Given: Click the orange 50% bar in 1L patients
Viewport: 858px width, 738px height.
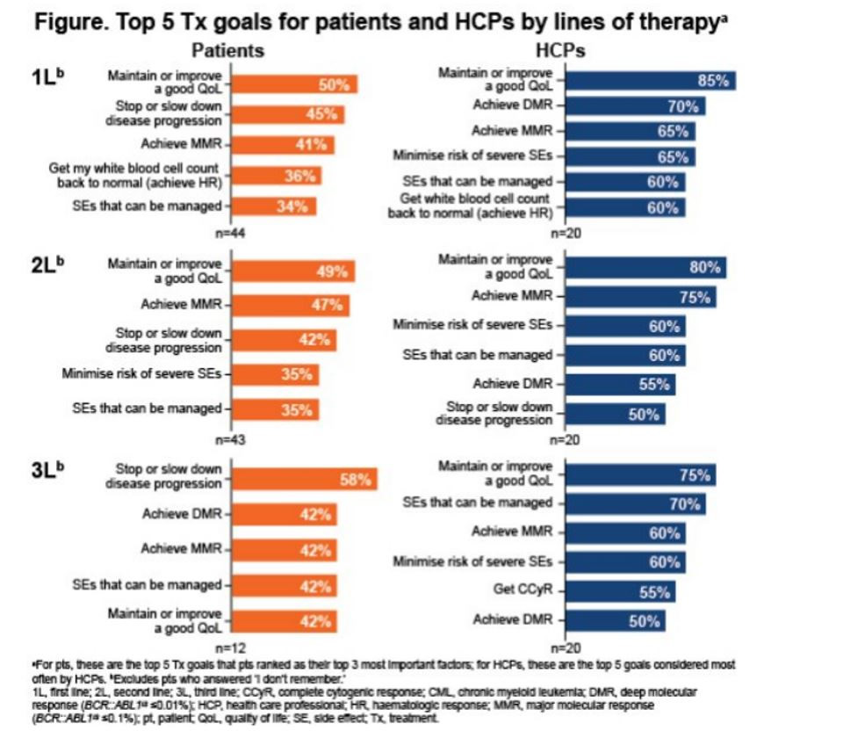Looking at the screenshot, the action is coord(294,84).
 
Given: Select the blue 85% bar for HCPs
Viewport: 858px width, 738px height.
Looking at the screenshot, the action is coord(651,81).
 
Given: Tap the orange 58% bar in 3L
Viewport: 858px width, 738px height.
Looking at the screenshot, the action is coord(304,479).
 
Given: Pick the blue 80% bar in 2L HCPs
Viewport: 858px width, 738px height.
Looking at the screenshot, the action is coord(645,268).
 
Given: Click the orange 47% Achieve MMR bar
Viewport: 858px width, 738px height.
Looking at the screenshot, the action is coord(290,305).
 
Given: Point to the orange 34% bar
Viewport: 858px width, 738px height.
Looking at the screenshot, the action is coord(274,206).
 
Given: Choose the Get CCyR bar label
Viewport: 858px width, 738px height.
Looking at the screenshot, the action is coord(523,590).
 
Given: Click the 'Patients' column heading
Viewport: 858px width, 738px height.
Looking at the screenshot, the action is coord(227,50).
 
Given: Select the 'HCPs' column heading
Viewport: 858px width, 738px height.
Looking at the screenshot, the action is coord(559,50).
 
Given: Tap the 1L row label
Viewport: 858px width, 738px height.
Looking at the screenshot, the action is coord(47,76).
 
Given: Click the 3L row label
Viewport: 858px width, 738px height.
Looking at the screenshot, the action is coord(47,469).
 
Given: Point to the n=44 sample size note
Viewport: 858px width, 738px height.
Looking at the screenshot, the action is coord(230,233).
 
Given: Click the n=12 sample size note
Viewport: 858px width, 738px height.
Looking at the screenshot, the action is coord(230,648).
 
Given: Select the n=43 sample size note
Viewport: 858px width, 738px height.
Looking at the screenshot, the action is coord(230,439).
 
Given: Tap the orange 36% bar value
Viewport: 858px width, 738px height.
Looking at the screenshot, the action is coord(299,177).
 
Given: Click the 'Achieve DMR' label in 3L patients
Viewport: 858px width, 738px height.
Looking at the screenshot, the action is coord(182,514).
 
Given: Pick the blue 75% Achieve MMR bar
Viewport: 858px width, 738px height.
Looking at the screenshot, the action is coord(641,297).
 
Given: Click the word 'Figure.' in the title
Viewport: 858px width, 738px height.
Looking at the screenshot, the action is coord(72,23).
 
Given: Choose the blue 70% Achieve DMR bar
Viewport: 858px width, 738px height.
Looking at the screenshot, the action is coord(636,105).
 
